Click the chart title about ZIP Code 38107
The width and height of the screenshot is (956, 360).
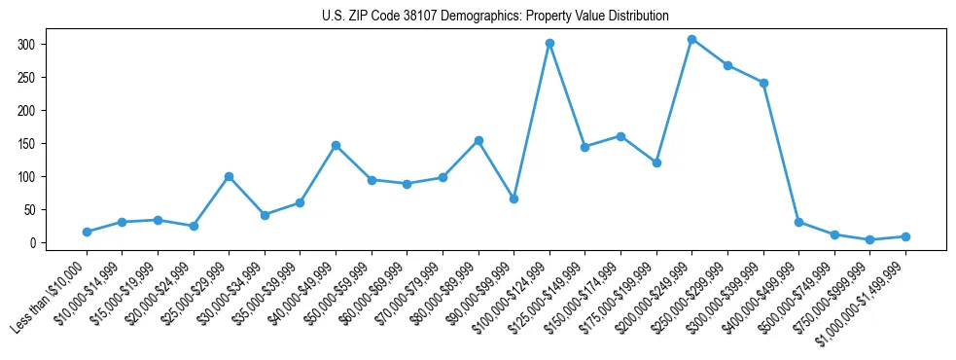pos(495,16)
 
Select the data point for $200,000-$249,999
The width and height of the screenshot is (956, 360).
pos(691,39)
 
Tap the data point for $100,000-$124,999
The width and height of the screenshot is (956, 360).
pos(549,43)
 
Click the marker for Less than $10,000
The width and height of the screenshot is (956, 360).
pos(87,232)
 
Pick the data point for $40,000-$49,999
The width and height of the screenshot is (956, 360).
pos(336,145)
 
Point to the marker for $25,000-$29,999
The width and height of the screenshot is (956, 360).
pos(229,176)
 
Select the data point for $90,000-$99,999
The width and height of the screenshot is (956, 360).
pos(513,198)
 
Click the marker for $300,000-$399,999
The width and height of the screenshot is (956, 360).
pos(763,83)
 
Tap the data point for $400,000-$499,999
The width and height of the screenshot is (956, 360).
pos(798,222)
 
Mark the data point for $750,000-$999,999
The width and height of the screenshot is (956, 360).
pos(869,239)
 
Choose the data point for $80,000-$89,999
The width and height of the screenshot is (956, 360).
pos(478,140)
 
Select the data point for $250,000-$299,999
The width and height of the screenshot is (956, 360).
pos(727,65)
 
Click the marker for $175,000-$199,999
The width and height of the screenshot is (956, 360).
pos(656,162)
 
